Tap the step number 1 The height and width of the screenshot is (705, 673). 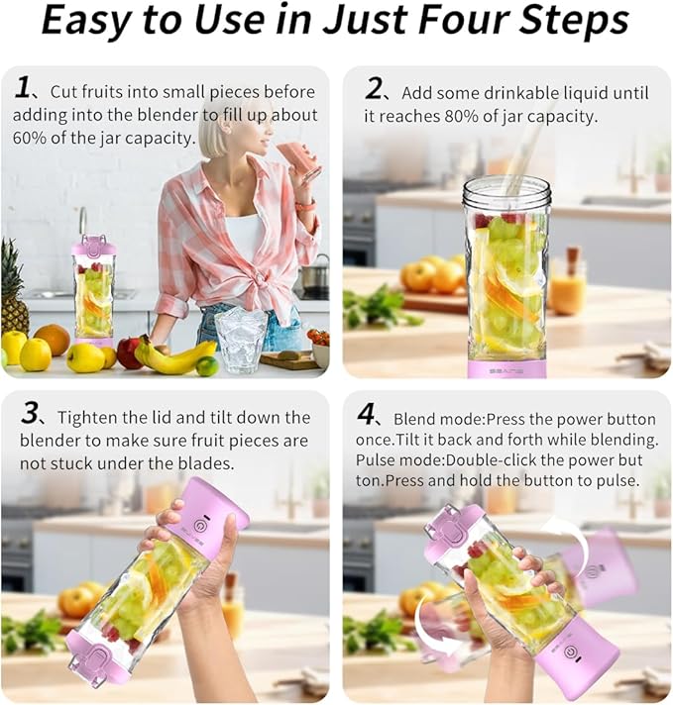click(x=23, y=88)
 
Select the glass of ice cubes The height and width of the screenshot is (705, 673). click(x=240, y=339)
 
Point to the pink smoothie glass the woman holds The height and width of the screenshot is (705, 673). click(x=297, y=158)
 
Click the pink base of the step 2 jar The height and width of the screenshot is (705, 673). click(x=506, y=367)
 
